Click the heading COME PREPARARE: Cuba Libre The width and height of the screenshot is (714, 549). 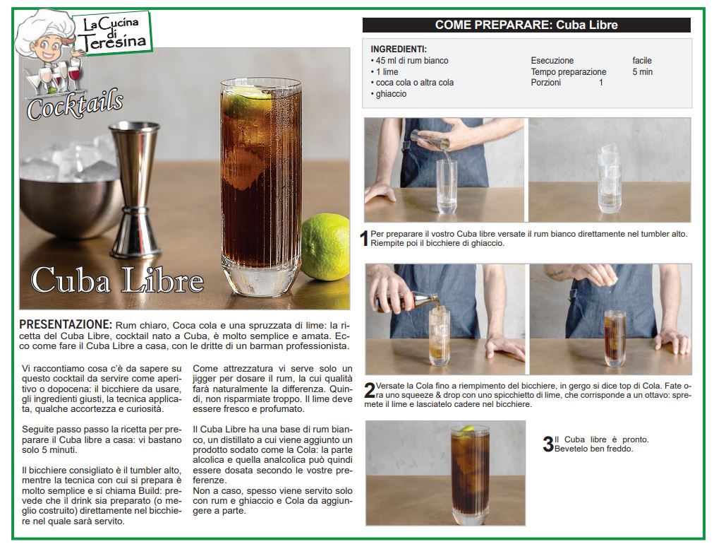coord(526,25)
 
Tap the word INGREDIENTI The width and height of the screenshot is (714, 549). coord(399,49)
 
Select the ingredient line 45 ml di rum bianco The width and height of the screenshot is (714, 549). coord(409,61)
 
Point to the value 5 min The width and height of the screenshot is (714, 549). coord(642,71)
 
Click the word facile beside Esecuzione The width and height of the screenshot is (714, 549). coord(642,61)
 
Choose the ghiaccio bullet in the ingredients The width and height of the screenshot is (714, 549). coord(389,94)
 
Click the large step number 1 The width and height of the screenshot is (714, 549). coord(364,239)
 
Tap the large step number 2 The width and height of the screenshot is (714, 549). coord(370,390)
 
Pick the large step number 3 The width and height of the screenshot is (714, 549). coord(548,444)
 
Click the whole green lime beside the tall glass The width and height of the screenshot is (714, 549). coord(325,247)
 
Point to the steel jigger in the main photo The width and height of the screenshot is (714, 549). coord(135,189)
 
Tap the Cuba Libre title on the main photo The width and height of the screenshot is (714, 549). coord(117,280)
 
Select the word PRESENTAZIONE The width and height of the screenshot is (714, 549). coord(66,324)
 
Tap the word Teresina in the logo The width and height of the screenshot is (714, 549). coord(114,42)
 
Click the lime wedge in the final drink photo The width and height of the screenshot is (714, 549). coord(468,430)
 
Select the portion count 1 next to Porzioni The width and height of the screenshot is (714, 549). coord(601,83)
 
